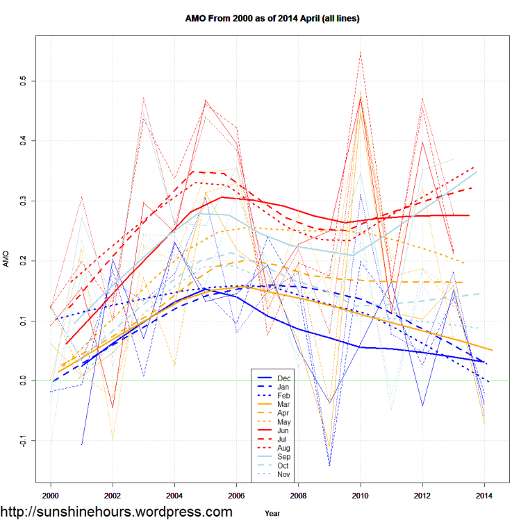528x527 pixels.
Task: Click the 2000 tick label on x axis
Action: (x=51, y=496)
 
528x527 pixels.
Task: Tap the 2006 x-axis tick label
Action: (x=236, y=496)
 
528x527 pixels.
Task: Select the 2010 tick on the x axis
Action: (x=361, y=496)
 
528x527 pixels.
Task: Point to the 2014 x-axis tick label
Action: (x=484, y=496)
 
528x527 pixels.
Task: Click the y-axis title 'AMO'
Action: (x=8, y=261)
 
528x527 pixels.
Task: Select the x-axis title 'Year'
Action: (x=273, y=513)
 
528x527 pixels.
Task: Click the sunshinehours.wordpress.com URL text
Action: (x=116, y=512)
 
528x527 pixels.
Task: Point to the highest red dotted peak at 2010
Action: (x=360, y=53)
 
